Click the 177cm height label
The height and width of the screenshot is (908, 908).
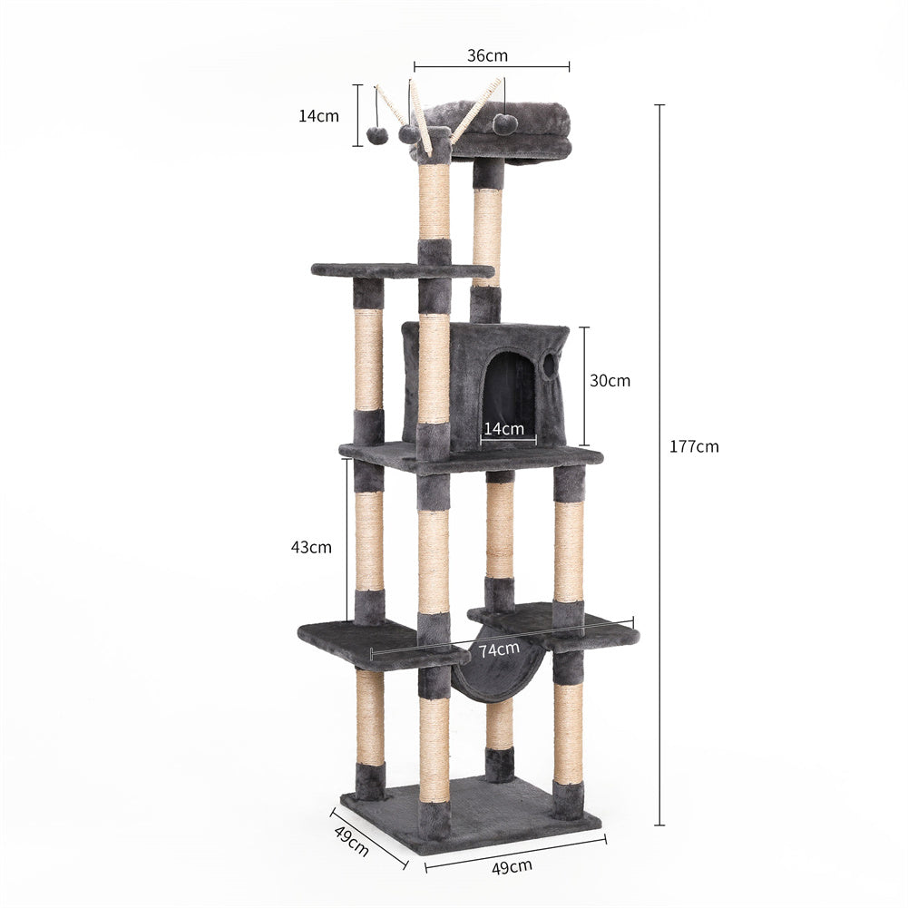point(694,446)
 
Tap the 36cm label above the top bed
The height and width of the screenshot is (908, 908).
point(487,55)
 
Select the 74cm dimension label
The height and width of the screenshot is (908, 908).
point(499,649)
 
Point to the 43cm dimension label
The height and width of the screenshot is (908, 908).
point(311,547)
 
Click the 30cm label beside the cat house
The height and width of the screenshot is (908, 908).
point(610,380)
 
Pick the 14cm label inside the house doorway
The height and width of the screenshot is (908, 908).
point(503,428)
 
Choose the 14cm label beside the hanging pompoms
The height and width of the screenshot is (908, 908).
point(318,116)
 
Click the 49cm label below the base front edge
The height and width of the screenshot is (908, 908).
point(512,867)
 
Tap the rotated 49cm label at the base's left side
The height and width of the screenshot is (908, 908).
point(352,840)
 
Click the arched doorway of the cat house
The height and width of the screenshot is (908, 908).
point(509,399)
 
